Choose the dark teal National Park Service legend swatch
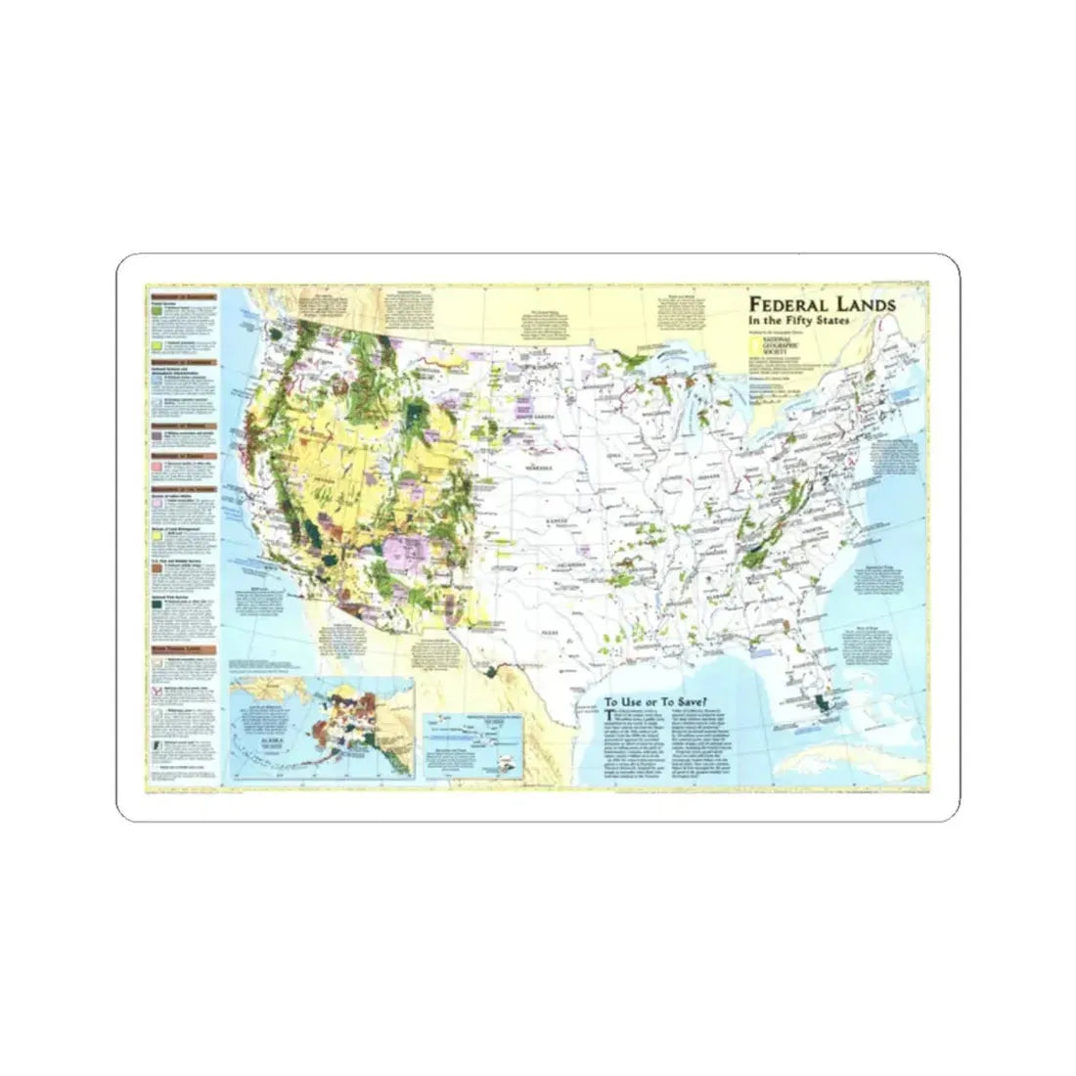[155, 606]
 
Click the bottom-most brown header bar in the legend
[180, 647]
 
